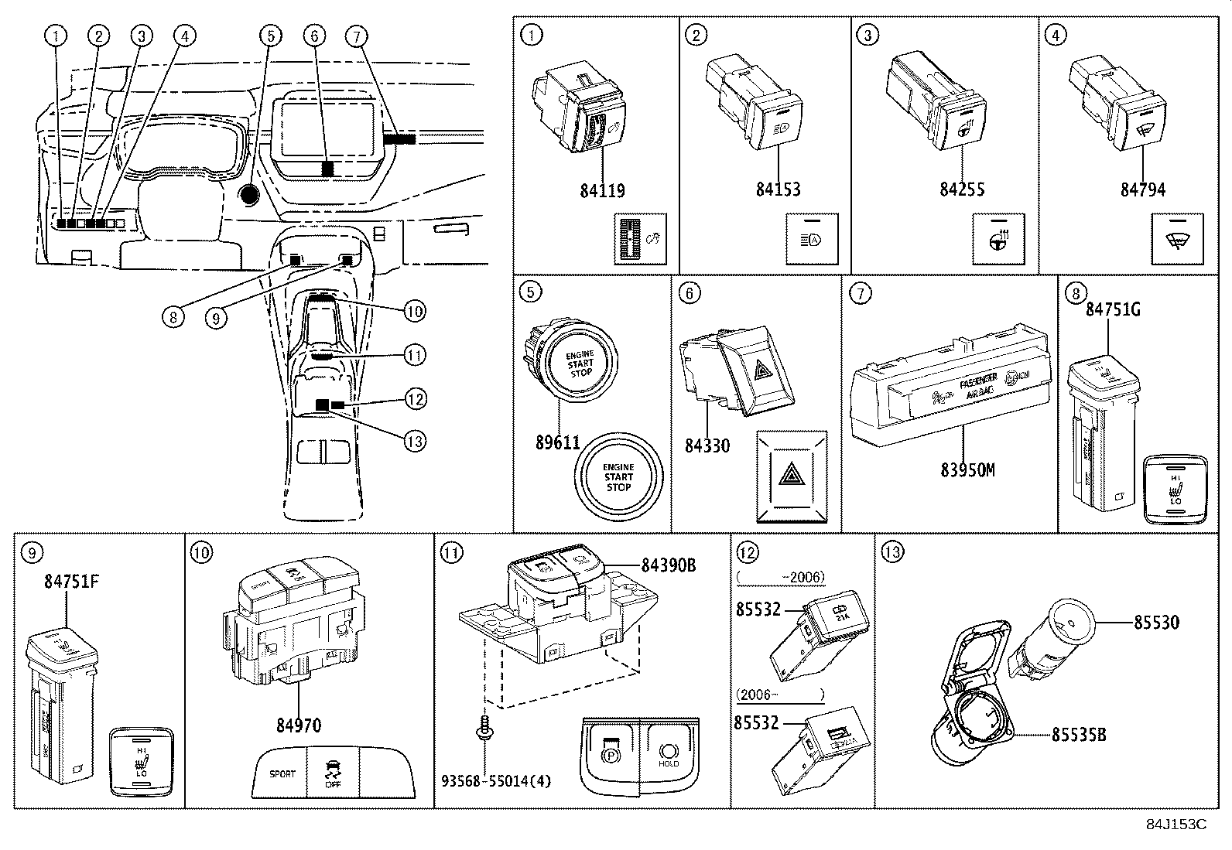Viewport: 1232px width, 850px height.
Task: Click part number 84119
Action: coord(602,190)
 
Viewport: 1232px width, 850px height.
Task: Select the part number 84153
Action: coord(778,189)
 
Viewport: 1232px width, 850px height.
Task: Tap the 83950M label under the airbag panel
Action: coord(967,469)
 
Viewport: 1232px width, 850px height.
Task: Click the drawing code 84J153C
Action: coord(1176,824)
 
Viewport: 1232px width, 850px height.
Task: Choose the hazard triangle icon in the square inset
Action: coord(791,473)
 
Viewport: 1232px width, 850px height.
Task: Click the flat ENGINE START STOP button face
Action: coord(618,477)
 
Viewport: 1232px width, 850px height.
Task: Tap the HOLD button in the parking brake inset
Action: coord(669,753)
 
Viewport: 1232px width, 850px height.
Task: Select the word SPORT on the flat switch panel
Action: coord(282,773)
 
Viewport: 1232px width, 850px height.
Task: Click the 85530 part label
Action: coord(1156,622)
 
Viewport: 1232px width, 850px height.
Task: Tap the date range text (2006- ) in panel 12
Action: coord(779,695)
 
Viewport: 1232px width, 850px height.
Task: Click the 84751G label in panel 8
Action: coord(1113,309)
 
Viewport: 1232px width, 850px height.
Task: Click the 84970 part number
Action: coord(299,725)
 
